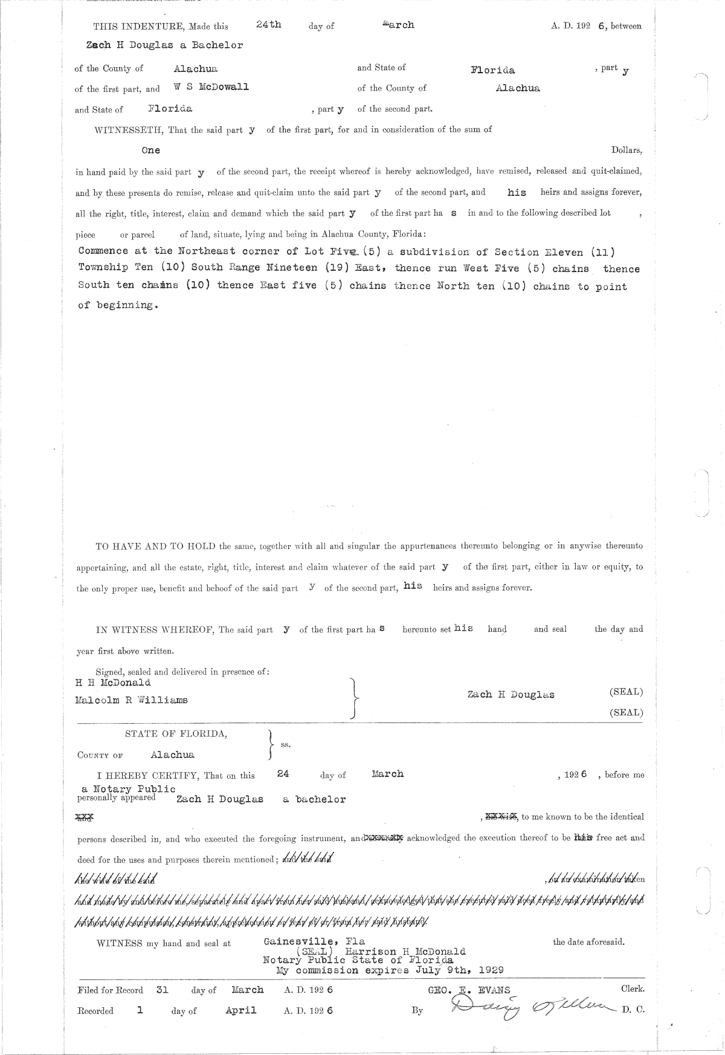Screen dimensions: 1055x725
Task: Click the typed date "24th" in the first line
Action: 268,25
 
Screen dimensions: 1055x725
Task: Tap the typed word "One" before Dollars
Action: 150,150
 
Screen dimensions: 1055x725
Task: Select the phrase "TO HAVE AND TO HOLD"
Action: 156,546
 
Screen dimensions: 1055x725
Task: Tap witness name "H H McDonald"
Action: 112,683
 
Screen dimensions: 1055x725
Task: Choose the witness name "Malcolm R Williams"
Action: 131,700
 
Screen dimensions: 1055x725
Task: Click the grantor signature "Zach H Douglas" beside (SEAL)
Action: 511,695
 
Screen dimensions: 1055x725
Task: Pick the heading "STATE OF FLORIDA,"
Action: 176,734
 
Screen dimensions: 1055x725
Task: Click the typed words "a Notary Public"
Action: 129,788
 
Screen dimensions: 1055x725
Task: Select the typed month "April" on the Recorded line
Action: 240,1010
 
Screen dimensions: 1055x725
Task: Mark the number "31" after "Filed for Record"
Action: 161,990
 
